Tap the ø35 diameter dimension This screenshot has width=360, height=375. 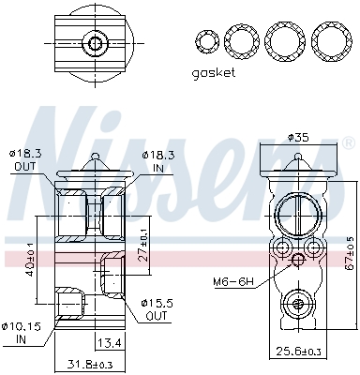coord(298,137)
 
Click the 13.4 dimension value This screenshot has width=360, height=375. coord(112,341)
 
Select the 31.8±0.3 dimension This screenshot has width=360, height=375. coord(92,365)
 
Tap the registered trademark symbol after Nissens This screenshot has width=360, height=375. coord(349,143)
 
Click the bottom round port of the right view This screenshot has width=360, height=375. coord(298,302)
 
